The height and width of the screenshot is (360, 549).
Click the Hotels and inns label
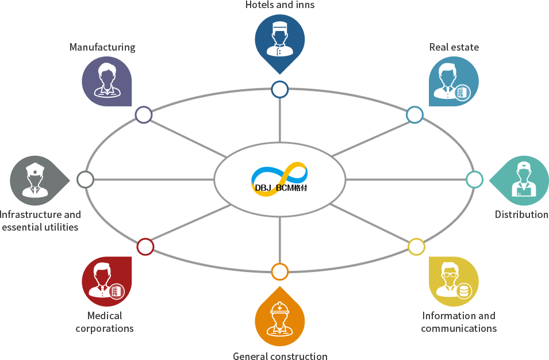(x=280, y=5)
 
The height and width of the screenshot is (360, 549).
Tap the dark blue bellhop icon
(x=280, y=40)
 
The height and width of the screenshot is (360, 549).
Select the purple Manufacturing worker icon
(x=106, y=81)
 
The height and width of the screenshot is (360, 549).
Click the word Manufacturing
(x=102, y=47)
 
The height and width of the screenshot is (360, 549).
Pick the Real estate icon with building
(x=454, y=81)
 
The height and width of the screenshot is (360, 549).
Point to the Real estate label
(x=454, y=47)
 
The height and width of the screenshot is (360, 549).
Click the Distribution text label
(x=521, y=215)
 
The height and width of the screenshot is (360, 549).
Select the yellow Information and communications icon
(x=454, y=282)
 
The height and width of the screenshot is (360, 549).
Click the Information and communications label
(x=459, y=322)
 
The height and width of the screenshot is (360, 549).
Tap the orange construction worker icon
(x=280, y=319)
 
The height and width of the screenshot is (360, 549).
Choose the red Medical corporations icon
(x=106, y=282)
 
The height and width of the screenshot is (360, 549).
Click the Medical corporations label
(x=105, y=322)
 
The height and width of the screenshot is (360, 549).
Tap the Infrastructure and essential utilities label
(x=40, y=221)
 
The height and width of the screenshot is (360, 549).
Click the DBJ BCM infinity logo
(x=280, y=179)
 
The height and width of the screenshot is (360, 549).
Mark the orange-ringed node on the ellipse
(x=279, y=271)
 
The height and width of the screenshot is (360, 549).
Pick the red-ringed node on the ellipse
(x=145, y=247)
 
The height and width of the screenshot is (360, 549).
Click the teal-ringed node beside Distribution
(x=474, y=180)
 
